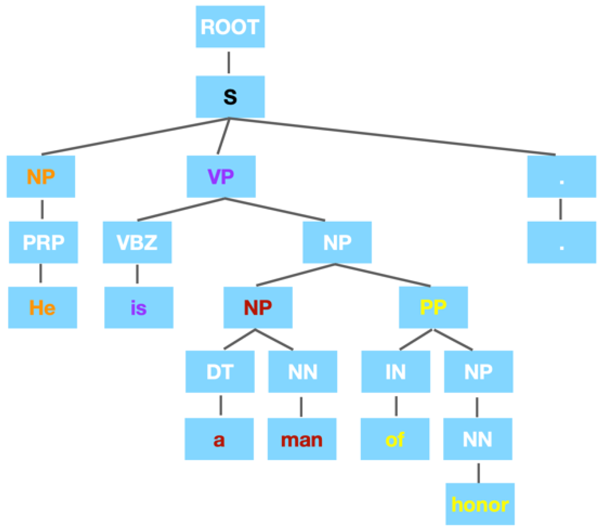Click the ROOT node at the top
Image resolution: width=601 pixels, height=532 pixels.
pyautogui.click(x=230, y=27)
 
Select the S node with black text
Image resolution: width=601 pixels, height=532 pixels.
pyautogui.click(x=230, y=97)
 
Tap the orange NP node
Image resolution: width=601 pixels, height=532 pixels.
pyautogui.click(x=41, y=176)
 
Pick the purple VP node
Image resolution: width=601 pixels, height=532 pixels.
pyautogui.click(x=221, y=176)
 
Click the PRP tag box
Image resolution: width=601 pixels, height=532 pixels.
pyautogui.click(x=43, y=242)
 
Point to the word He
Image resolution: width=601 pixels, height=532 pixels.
pyautogui.click(x=42, y=308)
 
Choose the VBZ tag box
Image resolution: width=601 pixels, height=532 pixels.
pyautogui.click(x=137, y=242)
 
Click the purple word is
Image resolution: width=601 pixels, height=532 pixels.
pyautogui.click(x=139, y=308)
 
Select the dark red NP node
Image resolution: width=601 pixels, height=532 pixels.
pyautogui.click(x=258, y=308)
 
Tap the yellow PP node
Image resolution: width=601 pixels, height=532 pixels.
pyautogui.click(x=433, y=308)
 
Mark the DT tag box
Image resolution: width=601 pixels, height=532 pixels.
pyautogui.click(x=220, y=372)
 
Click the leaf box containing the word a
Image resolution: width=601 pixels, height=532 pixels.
pyautogui.click(x=219, y=439)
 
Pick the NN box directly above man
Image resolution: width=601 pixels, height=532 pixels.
pyautogui.click(x=302, y=372)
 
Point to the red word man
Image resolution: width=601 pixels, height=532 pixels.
pyautogui.click(x=302, y=439)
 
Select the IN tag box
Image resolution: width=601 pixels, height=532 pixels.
pyautogui.click(x=395, y=372)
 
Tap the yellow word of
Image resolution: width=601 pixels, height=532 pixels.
pyautogui.click(x=395, y=439)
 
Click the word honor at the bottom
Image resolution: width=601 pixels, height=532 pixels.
pyautogui.click(x=480, y=504)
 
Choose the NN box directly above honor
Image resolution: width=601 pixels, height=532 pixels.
pyautogui.click(x=478, y=439)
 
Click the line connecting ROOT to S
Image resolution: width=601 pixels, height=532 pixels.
pyautogui.click(x=229, y=62)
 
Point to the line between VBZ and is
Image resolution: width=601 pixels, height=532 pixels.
pyautogui.click(x=137, y=274)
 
